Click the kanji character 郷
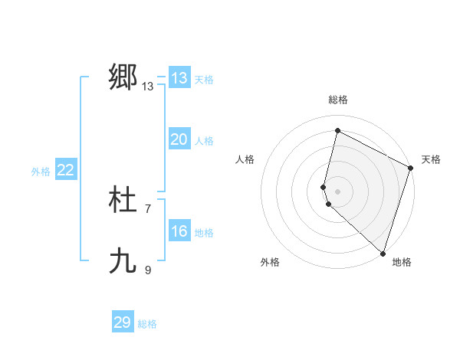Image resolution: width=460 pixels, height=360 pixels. pyautogui.click(x=123, y=77)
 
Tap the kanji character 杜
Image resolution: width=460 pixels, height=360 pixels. pyautogui.click(x=123, y=201)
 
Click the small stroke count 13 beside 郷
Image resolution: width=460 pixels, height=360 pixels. pyautogui.click(x=148, y=87)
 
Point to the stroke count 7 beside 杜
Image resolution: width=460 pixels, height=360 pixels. pyautogui.click(x=148, y=208)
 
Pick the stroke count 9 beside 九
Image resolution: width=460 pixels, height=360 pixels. pyautogui.click(x=148, y=270)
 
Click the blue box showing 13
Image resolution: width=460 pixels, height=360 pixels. pyautogui.click(x=179, y=78)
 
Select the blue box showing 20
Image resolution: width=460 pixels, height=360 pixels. pyautogui.click(x=179, y=139)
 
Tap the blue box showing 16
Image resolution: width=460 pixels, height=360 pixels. pyautogui.click(x=179, y=231)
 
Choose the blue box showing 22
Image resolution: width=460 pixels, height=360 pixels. pyautogui.click(x=65, y=170)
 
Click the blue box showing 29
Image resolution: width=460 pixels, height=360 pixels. pyautogui.click(x=122, y=322)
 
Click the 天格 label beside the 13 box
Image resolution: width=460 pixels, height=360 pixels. pyautogui.click(x=203, y=80)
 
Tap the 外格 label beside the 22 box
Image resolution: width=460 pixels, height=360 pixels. pyautogui.click(x=41, y=172)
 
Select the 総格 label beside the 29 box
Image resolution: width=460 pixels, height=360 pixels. pyautogui.click(x=147, y=324)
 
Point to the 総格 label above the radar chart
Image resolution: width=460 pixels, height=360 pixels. pyautogui.click(x=338, y=100)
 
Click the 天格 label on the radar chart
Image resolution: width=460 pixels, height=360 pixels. pyautogui.click(x=431, y=159)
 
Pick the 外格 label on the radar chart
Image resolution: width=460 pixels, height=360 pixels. pyautogui.click(x=270, y=262)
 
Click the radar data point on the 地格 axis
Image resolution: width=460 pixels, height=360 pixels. pyautogui.click(x=383, y=253)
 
